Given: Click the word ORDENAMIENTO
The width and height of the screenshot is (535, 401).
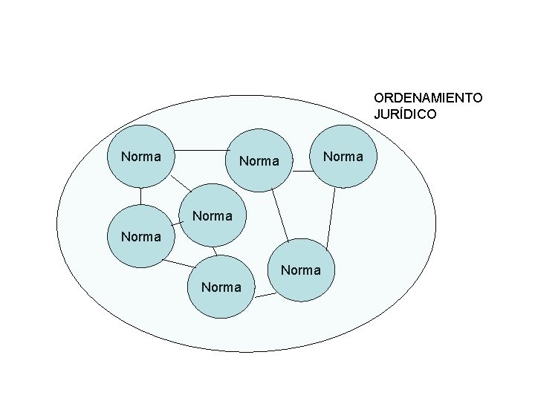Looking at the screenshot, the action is pos(428,98).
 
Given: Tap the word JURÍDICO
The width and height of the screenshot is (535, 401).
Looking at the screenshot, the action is pos(405,114).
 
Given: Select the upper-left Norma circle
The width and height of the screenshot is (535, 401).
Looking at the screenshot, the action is pos(141,157).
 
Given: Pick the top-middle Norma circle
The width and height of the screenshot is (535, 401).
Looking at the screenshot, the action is pos(259,160).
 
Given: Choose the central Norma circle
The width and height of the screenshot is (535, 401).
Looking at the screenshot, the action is pos(213,216).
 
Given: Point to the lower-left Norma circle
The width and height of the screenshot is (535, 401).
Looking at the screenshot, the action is pos(141,236).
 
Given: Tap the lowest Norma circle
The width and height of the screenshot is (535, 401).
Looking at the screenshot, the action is pos(221,287).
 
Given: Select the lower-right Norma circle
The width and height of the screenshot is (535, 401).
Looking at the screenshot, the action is pos(301,270).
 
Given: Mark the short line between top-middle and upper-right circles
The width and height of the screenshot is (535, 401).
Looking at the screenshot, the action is pos(302,172).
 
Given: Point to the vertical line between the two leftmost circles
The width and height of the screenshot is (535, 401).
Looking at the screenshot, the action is pos(141,195).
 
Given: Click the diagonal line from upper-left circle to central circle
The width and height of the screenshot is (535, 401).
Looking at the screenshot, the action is pos(180,184).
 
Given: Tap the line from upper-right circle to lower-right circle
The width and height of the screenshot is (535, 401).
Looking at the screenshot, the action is pos(331,213).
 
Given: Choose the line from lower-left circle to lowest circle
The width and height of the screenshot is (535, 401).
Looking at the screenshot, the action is pos(178,262).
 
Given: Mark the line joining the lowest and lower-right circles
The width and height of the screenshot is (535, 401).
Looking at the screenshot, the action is pos(265,296).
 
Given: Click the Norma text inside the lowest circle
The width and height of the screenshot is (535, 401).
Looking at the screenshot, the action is pos(221,287).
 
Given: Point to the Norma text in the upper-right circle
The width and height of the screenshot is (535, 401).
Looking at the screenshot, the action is pos(344,157).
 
